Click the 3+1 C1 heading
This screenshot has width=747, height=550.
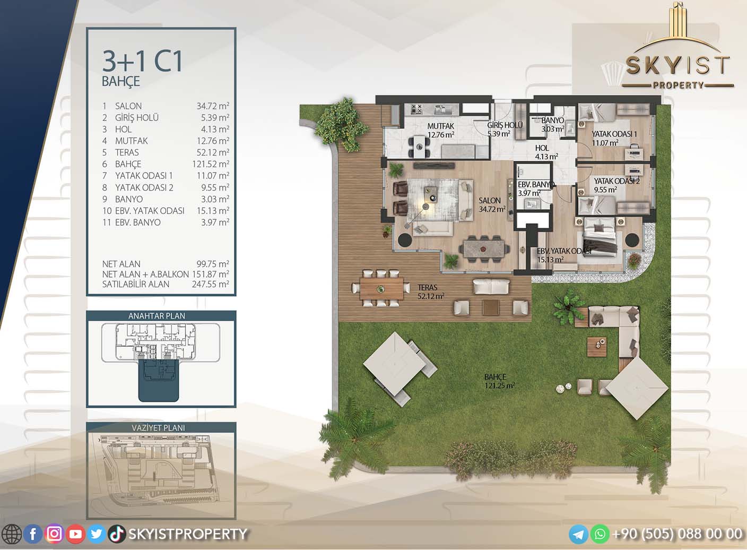pos(142,62)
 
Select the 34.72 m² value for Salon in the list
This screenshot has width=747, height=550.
pos(213,106)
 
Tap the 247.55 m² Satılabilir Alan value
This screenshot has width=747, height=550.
pos(211,284)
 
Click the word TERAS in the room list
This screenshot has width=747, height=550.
pos(127,152)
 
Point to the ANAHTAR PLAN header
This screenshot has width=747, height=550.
pos(157,316)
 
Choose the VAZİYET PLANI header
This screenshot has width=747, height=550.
pos(158,427)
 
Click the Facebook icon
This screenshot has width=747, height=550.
pos(33,534)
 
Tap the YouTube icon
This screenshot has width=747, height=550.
pos(75,534)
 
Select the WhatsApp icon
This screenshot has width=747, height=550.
pos(600,534)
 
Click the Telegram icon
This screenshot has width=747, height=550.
pos(578,534)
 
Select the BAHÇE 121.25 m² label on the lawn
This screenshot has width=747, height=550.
pos(499,381)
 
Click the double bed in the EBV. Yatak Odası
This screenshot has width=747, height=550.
pos(599,238)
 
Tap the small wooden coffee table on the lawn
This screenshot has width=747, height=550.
pos(597,347)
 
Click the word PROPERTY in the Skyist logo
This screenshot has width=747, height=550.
pos(678,85)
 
